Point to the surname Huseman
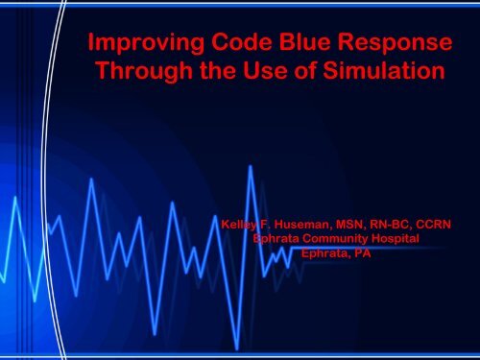click(302, 227)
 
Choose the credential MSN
click(354, 227)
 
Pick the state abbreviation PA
click(361, 253)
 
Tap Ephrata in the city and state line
click(324, 253)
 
